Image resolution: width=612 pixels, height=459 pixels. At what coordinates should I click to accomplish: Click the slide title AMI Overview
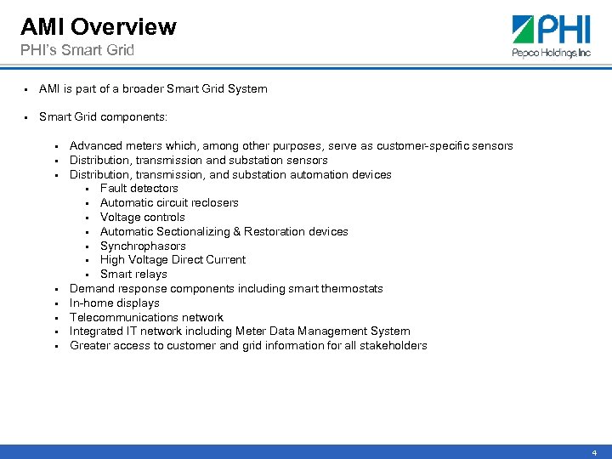(x=98, y=26)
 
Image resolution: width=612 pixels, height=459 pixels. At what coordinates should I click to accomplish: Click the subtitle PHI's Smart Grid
(x=77, y=50)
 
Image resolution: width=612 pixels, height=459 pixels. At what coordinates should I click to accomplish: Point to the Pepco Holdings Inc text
(x=551, y=52)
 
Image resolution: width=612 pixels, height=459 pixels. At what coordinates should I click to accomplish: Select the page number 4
(x=594, y=453)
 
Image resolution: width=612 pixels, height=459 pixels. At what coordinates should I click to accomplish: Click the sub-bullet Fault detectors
(x=139, y=189)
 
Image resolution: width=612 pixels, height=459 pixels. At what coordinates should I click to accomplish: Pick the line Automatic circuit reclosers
(x=169, y=203)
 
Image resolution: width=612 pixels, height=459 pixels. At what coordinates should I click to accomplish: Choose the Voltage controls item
(x=142, y=218)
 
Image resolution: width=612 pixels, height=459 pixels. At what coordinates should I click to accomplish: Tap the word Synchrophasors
(x=143, y=246)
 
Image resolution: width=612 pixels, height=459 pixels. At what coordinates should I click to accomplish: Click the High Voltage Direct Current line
(x=173, y=260)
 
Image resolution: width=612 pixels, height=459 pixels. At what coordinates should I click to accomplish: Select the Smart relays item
(x=133, y=275)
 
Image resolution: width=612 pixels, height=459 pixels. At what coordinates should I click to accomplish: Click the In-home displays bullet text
(x=114, y=303)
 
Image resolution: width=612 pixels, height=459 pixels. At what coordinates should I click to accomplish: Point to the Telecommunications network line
(x=146, y=317)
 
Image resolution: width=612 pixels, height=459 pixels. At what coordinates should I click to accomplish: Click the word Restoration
(x=276, y=231)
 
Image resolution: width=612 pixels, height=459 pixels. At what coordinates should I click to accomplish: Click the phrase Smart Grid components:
(x=103, y=117)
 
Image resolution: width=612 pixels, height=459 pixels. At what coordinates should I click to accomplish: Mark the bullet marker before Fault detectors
(x=88, y=189)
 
